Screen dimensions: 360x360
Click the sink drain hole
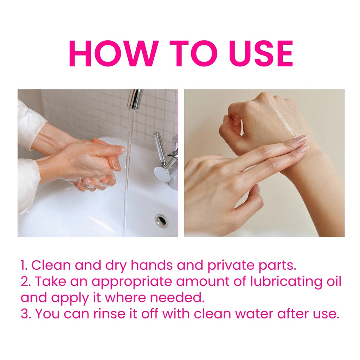161,220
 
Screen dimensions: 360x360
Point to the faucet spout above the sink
135,99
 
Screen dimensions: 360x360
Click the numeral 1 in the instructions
23,265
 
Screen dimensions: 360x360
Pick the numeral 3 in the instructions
24,314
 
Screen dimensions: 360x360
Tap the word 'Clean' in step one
51,265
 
